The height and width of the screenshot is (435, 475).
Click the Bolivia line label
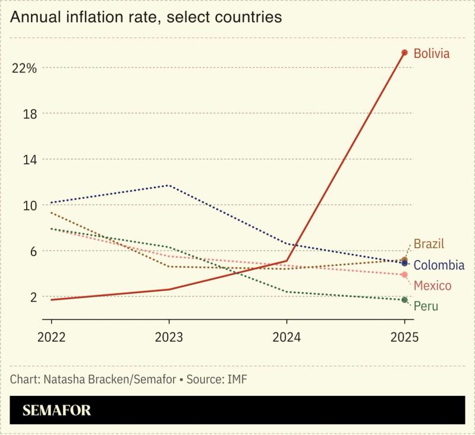pyautogui.click(x=432, y=54)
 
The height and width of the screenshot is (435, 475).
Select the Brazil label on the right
pyautogui.click(x=429, y=244)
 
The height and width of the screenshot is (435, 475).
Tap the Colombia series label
pyautogui.click(x=439, y=265)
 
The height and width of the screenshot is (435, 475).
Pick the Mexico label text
pyautogui.click(x=432, y=285)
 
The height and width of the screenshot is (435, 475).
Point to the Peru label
pyautogui.click(x=426, y=306)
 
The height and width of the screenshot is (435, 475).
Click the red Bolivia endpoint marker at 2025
pyautogui.click(x=405, y=53)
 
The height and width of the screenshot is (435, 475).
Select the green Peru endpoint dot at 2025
pyautogui.click(x=405, y=300)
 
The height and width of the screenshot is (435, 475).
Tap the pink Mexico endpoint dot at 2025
pyautogui.click(x=405, y=275)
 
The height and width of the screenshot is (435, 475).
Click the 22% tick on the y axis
pyautogui.click(x=24, y=68)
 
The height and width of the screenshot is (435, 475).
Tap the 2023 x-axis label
pyautogui.click(x=168, y=337)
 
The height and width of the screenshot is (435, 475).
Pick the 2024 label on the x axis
pyautogui.click(x=287, y=337)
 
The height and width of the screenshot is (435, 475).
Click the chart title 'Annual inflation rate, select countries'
pyautogui.click(x=146, y=17)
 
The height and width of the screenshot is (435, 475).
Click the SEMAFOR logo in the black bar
pyautogui.click(x=56, y=410)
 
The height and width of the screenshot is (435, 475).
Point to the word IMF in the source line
pyautogui.click(x=235, y=379)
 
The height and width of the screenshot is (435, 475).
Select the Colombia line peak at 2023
pyautogui.click(x=169, y=185)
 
